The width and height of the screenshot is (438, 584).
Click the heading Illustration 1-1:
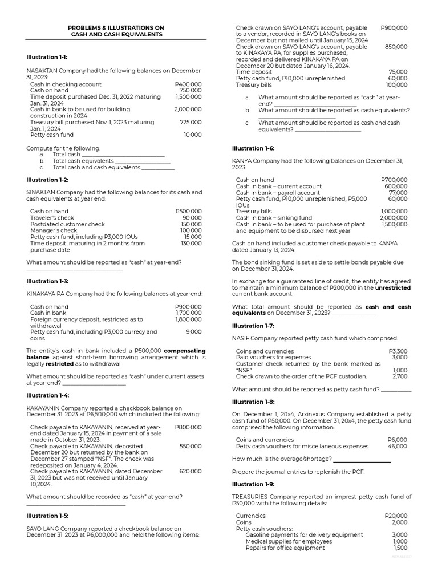47,58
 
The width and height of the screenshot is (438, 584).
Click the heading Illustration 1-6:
253,148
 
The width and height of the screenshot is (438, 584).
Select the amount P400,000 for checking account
188,84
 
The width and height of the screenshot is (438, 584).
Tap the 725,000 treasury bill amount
190,122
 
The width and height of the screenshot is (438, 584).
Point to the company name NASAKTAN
46,71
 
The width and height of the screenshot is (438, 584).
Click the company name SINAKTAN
44,193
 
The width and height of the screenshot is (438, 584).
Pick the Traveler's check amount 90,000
192,218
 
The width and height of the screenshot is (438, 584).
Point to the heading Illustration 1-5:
47,516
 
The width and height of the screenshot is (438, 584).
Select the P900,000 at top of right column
394,27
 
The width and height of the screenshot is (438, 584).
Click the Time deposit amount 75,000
398,72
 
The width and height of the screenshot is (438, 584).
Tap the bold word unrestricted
390,288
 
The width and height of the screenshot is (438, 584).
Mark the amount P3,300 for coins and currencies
398,351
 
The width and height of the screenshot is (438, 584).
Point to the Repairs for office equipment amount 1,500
399,548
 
